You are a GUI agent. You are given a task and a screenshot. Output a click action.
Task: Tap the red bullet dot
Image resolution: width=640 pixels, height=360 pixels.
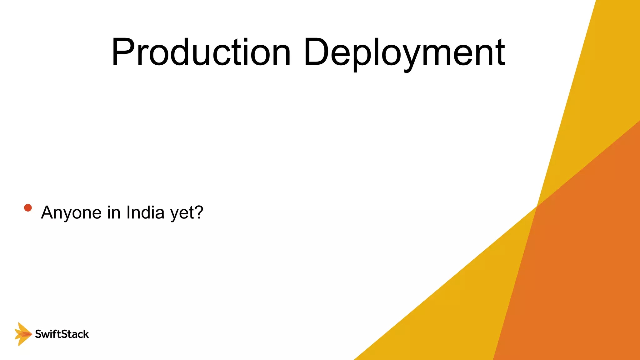coord(28,208)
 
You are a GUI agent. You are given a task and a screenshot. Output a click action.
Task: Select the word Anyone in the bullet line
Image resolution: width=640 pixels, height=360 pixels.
coord(71,213)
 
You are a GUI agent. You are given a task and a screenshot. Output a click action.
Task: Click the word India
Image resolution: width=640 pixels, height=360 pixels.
coord(145,212)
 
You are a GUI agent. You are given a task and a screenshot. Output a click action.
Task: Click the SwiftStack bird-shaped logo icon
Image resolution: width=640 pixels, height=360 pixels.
coord(23,334)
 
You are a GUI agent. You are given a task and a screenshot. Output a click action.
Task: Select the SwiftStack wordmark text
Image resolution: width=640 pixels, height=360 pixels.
coord(62,334)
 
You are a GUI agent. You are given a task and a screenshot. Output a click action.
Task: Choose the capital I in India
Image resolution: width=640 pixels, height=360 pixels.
coord(128,212)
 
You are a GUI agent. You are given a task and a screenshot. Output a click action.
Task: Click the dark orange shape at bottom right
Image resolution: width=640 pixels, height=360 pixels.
coord(578,266)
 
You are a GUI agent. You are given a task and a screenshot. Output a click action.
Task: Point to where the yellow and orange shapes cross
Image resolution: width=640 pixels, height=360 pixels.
coord(537,206)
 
